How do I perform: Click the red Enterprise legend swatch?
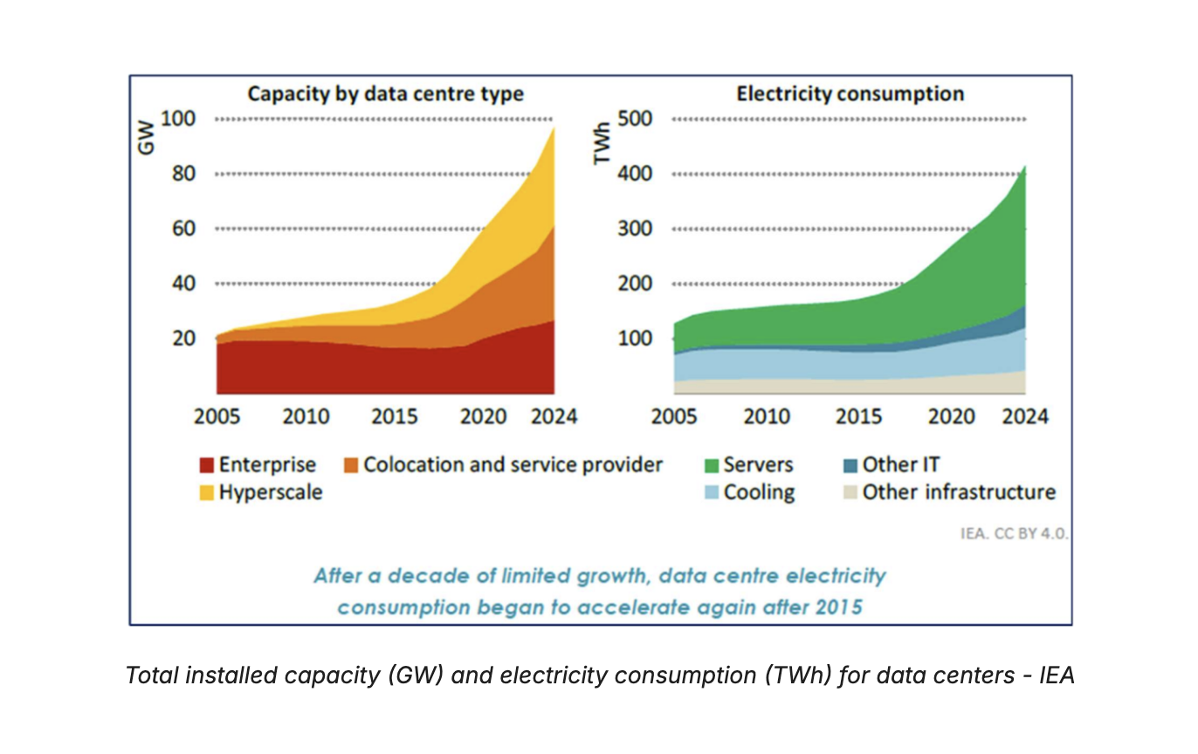coord(207,465)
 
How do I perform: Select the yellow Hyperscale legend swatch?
coord(207,493)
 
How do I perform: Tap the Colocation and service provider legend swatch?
coord(351,465)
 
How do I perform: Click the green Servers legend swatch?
coord(710,465)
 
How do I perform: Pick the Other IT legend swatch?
coord(849,465)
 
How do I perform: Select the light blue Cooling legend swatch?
coord(710,493)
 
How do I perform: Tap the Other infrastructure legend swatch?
coord(849,493)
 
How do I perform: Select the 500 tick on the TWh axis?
coord(636,119)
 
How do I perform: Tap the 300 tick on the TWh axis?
coord(636,229)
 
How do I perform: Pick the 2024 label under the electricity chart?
coord(1024,416)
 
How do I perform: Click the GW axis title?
coord(146,141)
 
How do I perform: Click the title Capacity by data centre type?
coord(385,93)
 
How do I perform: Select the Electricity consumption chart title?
coord(850,93)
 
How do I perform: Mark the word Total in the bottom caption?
coord(150,675)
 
